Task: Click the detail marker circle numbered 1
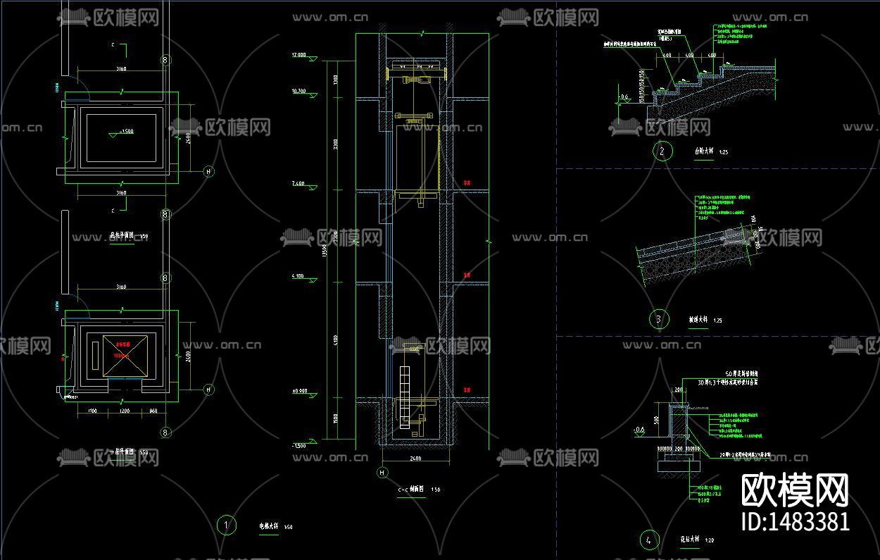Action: pyautogui.click(x=225, y=525)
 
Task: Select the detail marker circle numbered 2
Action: pyautogui.click(x=661, y=151)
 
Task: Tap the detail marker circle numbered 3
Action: pyautogui.click(x=658, y=319)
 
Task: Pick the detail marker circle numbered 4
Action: pyautogui.click(x=648, y=540)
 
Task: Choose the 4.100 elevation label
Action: pyautogui.click(x=296, y=276)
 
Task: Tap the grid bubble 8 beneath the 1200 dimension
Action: pyautogui.click(x=166, y=432)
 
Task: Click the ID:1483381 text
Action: pyautogui.click(x=796, y=522)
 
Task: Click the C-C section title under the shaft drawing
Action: pyautogui.click(x=410, y=490)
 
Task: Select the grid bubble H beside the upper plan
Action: pyautogui.click(x=208, y=171)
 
